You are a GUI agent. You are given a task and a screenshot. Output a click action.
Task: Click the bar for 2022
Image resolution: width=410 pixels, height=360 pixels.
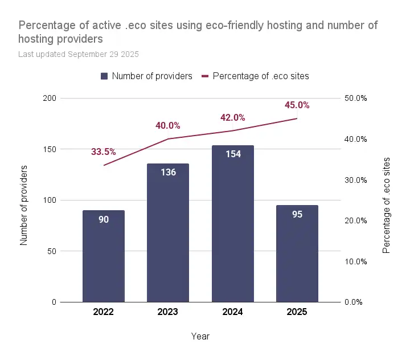pos(104,256)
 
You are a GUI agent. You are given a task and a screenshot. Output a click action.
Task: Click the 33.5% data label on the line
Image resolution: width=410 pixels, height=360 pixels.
pos(103,152)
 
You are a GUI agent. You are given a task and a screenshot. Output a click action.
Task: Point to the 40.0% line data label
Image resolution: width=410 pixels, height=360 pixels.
pos(168,125)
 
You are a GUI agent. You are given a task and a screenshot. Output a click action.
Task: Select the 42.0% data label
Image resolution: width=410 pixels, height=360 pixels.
pos(232,117)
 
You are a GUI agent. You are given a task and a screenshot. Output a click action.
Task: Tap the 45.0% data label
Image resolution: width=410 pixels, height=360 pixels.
pos(297,105)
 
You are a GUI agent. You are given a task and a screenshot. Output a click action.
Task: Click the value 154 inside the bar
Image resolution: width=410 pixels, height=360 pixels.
pos(232,154)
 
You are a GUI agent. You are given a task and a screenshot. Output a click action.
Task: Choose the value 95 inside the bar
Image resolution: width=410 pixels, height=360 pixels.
pos(297,215)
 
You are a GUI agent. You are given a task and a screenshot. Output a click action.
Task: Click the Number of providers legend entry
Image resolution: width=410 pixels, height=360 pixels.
pos(147,76)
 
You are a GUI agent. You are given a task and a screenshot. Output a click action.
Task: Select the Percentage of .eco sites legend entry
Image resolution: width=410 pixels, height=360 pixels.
pos(256,76)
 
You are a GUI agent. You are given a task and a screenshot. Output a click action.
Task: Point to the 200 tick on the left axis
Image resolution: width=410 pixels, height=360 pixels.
pos(50,99)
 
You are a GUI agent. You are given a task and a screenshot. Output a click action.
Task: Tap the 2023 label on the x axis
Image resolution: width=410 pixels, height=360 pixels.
pos(168,312)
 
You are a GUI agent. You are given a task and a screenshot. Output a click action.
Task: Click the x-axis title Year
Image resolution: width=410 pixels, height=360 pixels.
pos(200,336)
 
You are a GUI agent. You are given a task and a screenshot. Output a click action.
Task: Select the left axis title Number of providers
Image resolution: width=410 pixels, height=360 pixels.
pos(24,205)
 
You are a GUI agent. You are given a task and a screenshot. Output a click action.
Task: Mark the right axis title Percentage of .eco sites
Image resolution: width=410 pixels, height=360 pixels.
pos(387,205)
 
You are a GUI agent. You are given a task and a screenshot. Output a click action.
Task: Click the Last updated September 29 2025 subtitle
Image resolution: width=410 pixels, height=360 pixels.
pos(79,55)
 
